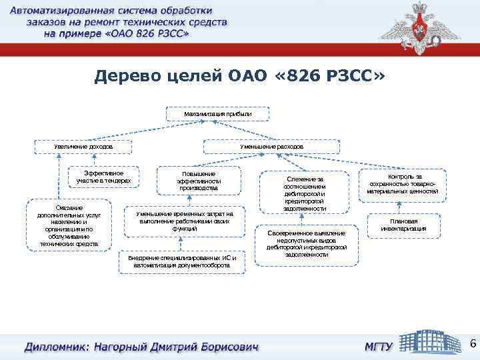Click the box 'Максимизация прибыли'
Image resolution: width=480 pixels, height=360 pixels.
coord(218,114)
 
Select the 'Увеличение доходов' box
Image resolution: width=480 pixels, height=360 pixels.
coord(83,146)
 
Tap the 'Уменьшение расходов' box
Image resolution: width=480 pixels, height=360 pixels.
coord(271,146)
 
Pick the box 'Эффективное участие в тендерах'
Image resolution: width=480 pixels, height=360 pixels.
coord(104,177)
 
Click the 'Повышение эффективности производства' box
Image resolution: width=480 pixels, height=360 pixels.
coord(198,181)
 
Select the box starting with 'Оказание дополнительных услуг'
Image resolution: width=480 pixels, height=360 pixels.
coord(69,225)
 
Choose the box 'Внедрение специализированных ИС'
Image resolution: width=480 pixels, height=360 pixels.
coord(181,261)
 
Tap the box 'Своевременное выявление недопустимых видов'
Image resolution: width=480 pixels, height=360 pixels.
coord(306,244)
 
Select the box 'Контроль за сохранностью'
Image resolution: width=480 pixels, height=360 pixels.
coord(402,183)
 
